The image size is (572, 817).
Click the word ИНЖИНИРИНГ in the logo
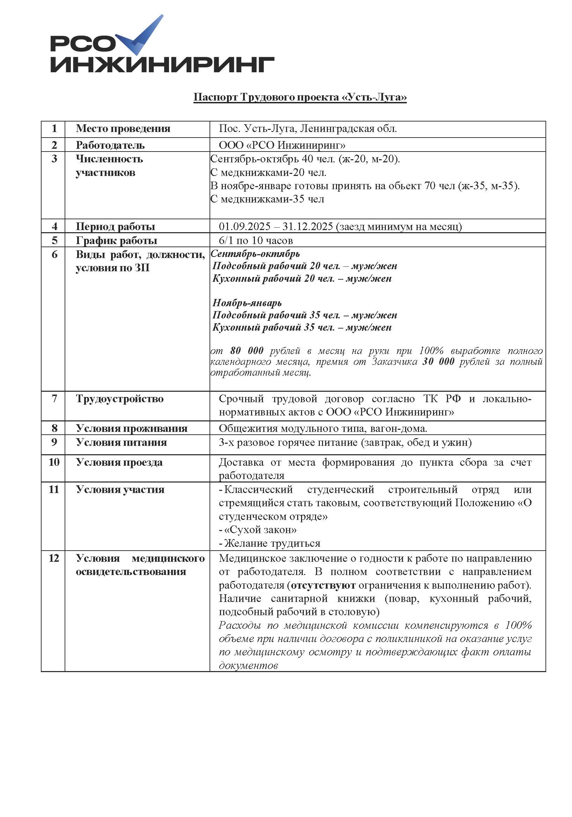click(162, 64)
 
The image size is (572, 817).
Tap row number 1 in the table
click(54, 128)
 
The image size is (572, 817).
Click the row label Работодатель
click(110, 145)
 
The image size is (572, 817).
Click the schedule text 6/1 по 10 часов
click(256, 241)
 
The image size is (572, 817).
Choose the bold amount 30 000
click(438, 361)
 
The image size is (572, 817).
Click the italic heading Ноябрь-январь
click(247, 303)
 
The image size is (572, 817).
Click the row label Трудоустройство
click(119, 398)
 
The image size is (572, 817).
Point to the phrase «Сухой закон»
click(260, 530)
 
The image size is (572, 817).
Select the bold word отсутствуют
click(323, 586)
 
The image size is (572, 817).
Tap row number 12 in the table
click(54, 558)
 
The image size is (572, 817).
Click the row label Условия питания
click(122, 442)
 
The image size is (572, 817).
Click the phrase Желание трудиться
click(272, 543)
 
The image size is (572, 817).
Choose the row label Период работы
click(115, 227)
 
